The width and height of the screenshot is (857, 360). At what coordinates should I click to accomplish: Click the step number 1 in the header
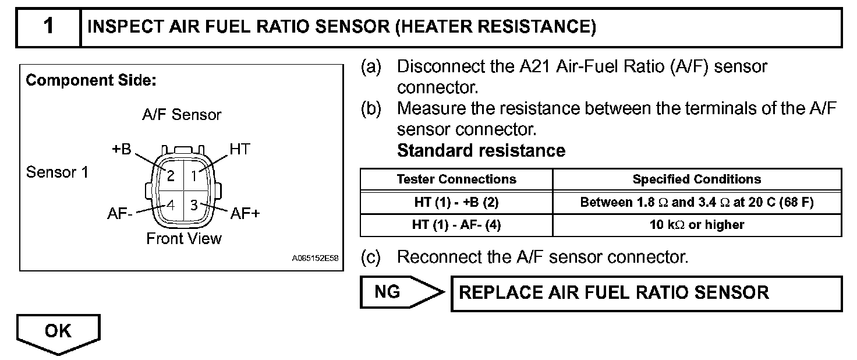pos(48,27)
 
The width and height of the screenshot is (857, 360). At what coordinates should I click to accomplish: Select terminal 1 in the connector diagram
pos(195,173)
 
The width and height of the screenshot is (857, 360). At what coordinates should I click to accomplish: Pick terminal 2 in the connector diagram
pos(171,174)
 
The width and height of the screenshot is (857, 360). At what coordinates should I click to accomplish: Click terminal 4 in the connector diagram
pos(171,204)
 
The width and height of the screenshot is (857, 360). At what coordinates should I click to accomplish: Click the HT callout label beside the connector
pos(239,150)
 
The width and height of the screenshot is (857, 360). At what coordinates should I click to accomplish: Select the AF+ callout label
pos(245,214)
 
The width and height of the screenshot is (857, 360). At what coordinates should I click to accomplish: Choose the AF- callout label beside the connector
pos(120,214)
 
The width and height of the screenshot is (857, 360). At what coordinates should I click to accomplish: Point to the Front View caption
pos(184,239)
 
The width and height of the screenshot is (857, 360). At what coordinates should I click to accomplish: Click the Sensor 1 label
pos(58,173)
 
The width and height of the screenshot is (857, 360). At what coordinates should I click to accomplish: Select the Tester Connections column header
pos(456,179)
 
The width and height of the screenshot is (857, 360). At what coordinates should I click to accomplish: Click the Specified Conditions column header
pos(697,179)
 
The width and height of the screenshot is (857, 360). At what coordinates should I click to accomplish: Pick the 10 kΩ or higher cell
pos(697,225)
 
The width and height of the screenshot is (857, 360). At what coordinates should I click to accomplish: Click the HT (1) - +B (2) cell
pos(456,203)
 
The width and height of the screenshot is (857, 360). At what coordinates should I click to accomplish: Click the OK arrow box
pos(58,332)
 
